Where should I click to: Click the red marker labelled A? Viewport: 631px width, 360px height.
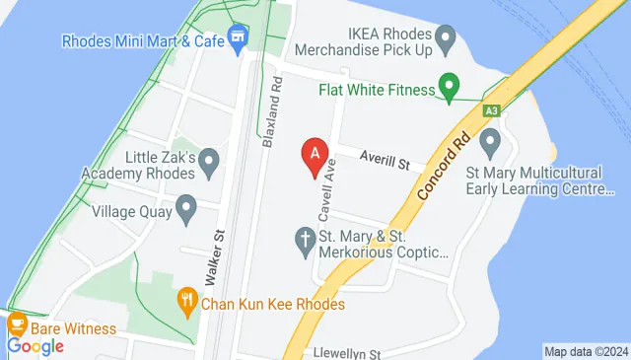315,156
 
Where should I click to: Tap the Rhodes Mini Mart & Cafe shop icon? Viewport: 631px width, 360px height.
237,40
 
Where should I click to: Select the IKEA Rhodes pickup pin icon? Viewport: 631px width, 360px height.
447,40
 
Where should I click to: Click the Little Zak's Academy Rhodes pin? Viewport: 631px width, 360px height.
208,162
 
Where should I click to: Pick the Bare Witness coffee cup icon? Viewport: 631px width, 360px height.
17,324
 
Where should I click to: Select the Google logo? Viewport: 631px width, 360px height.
35,346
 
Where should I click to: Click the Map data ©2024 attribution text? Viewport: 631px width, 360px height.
586,352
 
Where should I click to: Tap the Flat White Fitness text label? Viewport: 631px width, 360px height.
377,90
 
